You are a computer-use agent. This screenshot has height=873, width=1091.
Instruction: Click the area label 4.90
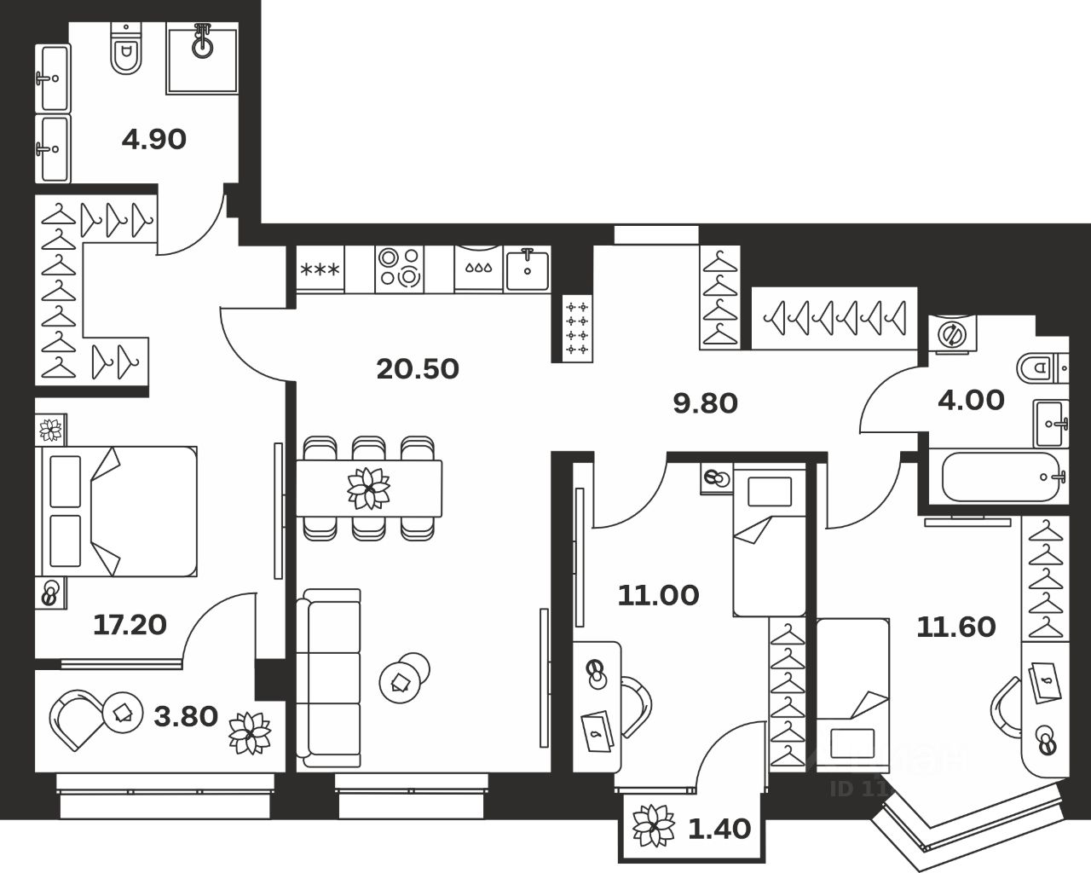pyautogui.click(x=153, y=138)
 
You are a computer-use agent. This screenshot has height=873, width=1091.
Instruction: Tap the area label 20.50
pyautogui.click(x=417, y=368)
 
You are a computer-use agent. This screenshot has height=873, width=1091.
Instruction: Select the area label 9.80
pyautogui.click(x=705, y=402)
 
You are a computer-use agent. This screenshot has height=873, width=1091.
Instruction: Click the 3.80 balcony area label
pyautogui.click(x=185, y=716)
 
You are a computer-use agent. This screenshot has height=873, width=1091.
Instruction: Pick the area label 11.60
pyautogui.click(x=955, y=627)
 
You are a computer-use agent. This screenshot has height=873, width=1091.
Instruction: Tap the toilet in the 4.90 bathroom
pyautogui.click(x=127, y=52)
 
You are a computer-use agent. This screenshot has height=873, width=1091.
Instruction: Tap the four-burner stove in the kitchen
pyautogui.click(x=399, y=267)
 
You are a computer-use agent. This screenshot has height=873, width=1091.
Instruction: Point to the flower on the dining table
pyautogui.click(x=368, y=489)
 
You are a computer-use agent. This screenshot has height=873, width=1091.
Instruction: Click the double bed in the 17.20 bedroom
pyautogui.click(x=117, y=511)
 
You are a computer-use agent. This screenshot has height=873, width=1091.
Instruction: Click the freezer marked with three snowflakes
pyautogui.click(x=320, y=270)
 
